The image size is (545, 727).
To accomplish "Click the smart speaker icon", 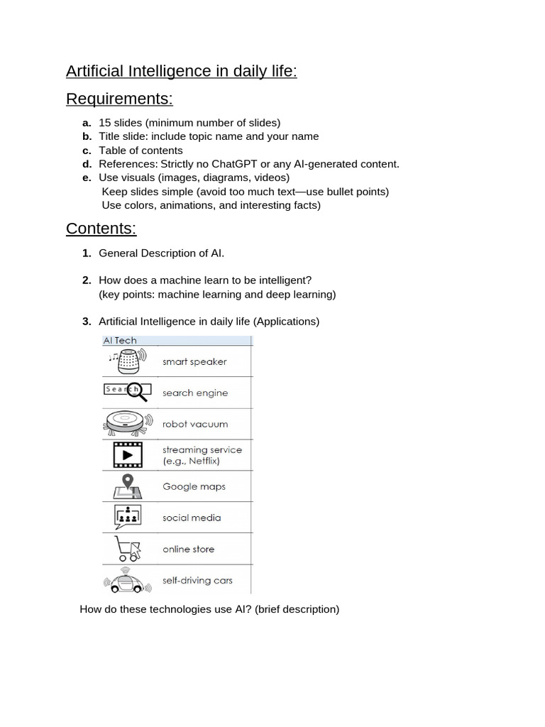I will (128, 361).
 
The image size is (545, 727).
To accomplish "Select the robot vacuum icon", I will (127, 423).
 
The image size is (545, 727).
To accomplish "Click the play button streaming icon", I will (128, 454).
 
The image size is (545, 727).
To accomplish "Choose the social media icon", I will (128, 517).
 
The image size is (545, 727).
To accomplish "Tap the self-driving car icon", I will (128, 580).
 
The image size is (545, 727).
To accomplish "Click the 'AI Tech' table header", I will (120, 341).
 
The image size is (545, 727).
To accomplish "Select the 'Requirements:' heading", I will (119, 98).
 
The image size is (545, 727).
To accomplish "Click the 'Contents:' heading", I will (101, 228).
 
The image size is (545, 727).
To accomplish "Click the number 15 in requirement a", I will (105, 123).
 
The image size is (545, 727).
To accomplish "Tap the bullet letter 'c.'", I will (87, 151).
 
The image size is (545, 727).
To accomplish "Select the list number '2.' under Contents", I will (87, 280).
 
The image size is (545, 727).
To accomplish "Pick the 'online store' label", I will (188, 549).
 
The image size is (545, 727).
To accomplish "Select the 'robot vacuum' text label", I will (195, 424).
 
